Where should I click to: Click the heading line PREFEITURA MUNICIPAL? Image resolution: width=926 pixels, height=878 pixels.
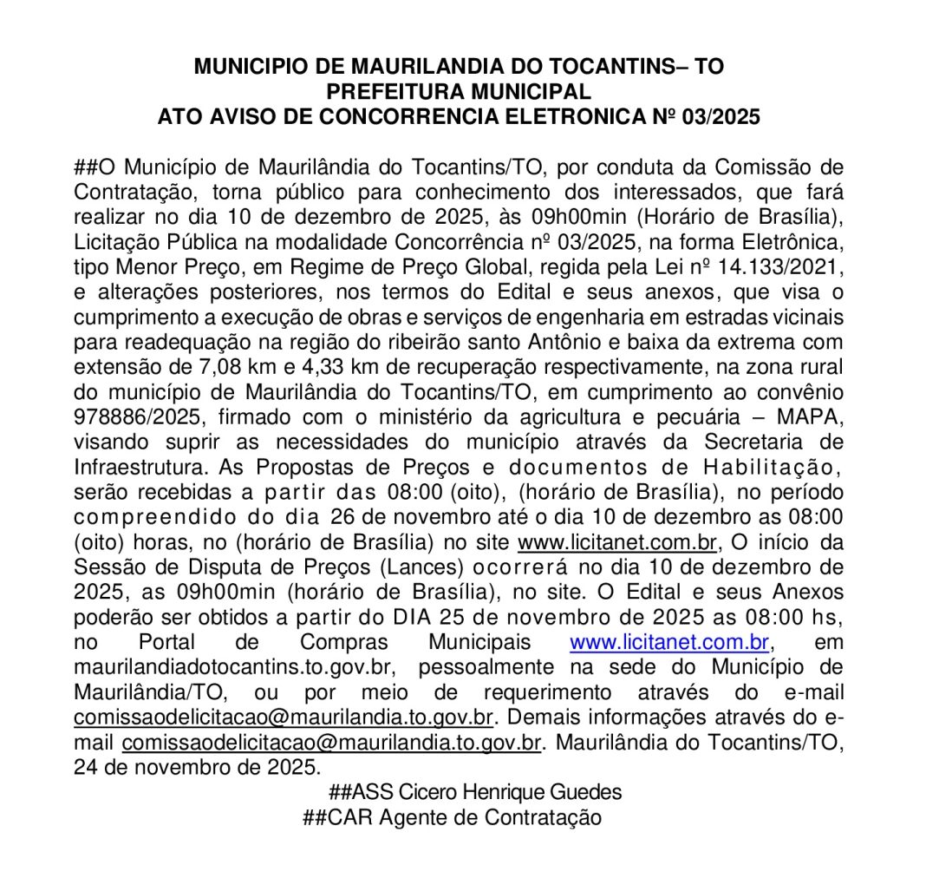459,91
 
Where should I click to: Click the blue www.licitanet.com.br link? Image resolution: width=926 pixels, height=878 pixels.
669,644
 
